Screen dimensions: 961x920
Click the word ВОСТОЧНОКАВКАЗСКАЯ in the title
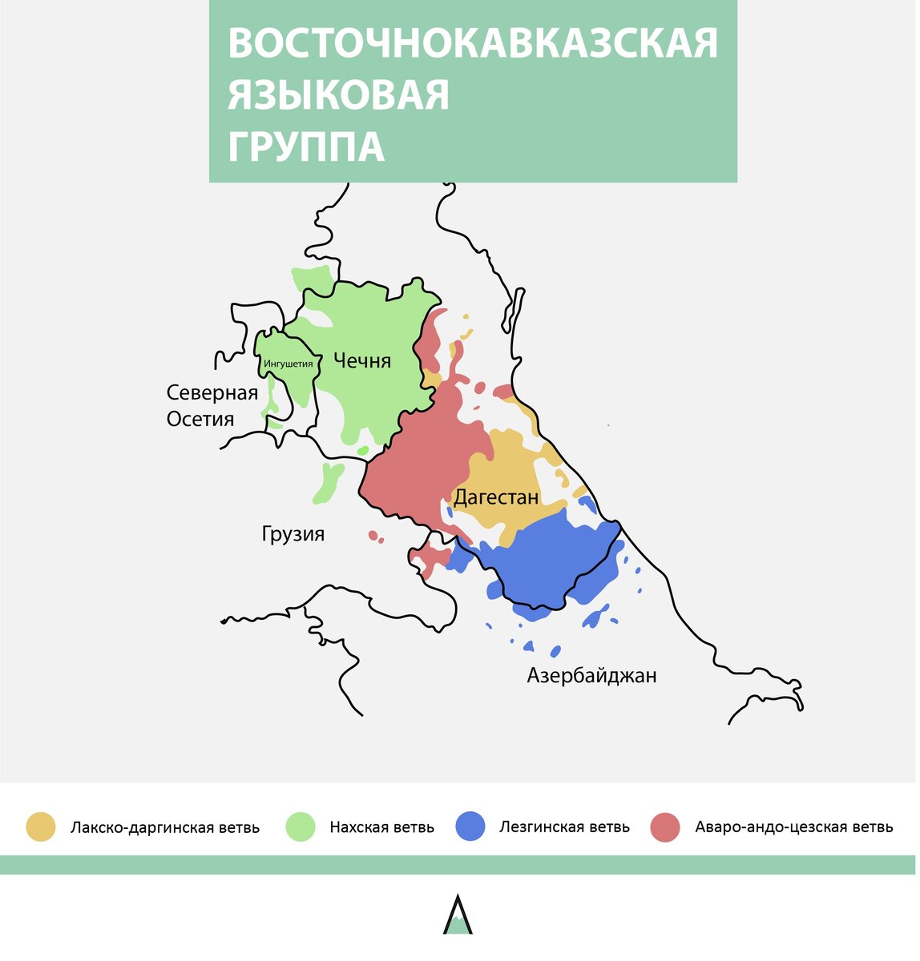(473, 44)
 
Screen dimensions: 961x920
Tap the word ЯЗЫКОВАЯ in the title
(338, 95)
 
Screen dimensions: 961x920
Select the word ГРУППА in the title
(306, 147)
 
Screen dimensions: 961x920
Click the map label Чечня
(361, 360)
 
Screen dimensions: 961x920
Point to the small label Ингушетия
(288, 364)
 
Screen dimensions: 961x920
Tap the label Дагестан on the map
(496, 497)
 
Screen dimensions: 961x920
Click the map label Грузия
(293, 534)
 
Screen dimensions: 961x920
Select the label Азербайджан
(591, 675)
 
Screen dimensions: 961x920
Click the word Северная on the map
(212, 392)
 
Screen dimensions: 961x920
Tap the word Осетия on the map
(200, 419)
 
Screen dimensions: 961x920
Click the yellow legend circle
(41, 827)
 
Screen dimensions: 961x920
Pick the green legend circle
(301, 827)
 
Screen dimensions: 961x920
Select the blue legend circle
(470, 827)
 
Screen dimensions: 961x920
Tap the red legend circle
(665, 827)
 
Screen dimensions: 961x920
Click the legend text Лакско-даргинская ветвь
(165, 827)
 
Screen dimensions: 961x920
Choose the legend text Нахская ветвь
(381, 827)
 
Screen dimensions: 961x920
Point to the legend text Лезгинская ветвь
(564, 827)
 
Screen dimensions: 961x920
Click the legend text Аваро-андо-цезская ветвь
(794, 827)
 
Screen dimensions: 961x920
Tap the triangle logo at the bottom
(458, 915)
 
